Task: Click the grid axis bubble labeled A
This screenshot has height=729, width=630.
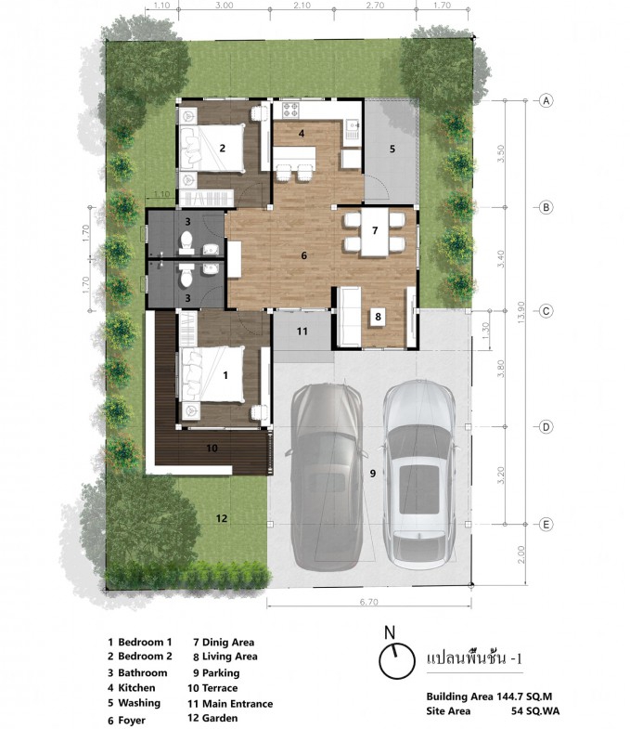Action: pos(546,100)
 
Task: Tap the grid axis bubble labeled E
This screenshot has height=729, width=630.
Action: pos(546,525)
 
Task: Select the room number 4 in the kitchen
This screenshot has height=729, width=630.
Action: pos(302,134)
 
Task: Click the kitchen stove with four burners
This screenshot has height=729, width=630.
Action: pos(290,111)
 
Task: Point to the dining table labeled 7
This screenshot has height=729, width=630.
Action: pos(375,232)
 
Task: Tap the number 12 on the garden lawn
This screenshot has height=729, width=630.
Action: pos(221,518)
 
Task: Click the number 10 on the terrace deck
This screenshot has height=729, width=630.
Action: pos(212,449)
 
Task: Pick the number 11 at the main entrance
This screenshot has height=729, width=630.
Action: pos(302,331)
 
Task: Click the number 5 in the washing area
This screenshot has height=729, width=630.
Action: pos(392,149)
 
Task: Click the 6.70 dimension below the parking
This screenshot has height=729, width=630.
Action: pos(369,602)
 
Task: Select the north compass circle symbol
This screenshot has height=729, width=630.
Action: pos(397,660)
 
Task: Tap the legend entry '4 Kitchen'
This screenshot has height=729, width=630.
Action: pos(132,687)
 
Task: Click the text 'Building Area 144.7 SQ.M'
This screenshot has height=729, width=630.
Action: pos(489,696)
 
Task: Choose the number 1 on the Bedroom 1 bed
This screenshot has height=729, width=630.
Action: pos(225,375)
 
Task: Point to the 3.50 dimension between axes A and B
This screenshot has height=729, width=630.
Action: pos(500,153)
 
